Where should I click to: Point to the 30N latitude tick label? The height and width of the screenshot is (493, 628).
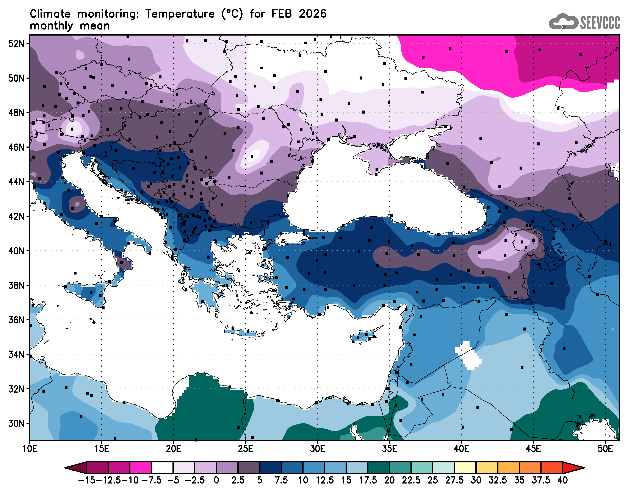tap(16, 424)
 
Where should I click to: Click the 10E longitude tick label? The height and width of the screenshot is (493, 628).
tap(30, 449)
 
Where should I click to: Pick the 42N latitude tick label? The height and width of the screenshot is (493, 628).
tap(16, 217)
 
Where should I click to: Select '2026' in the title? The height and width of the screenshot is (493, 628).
tap(312, 14)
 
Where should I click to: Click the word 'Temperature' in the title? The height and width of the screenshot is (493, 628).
tap(180, 14)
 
